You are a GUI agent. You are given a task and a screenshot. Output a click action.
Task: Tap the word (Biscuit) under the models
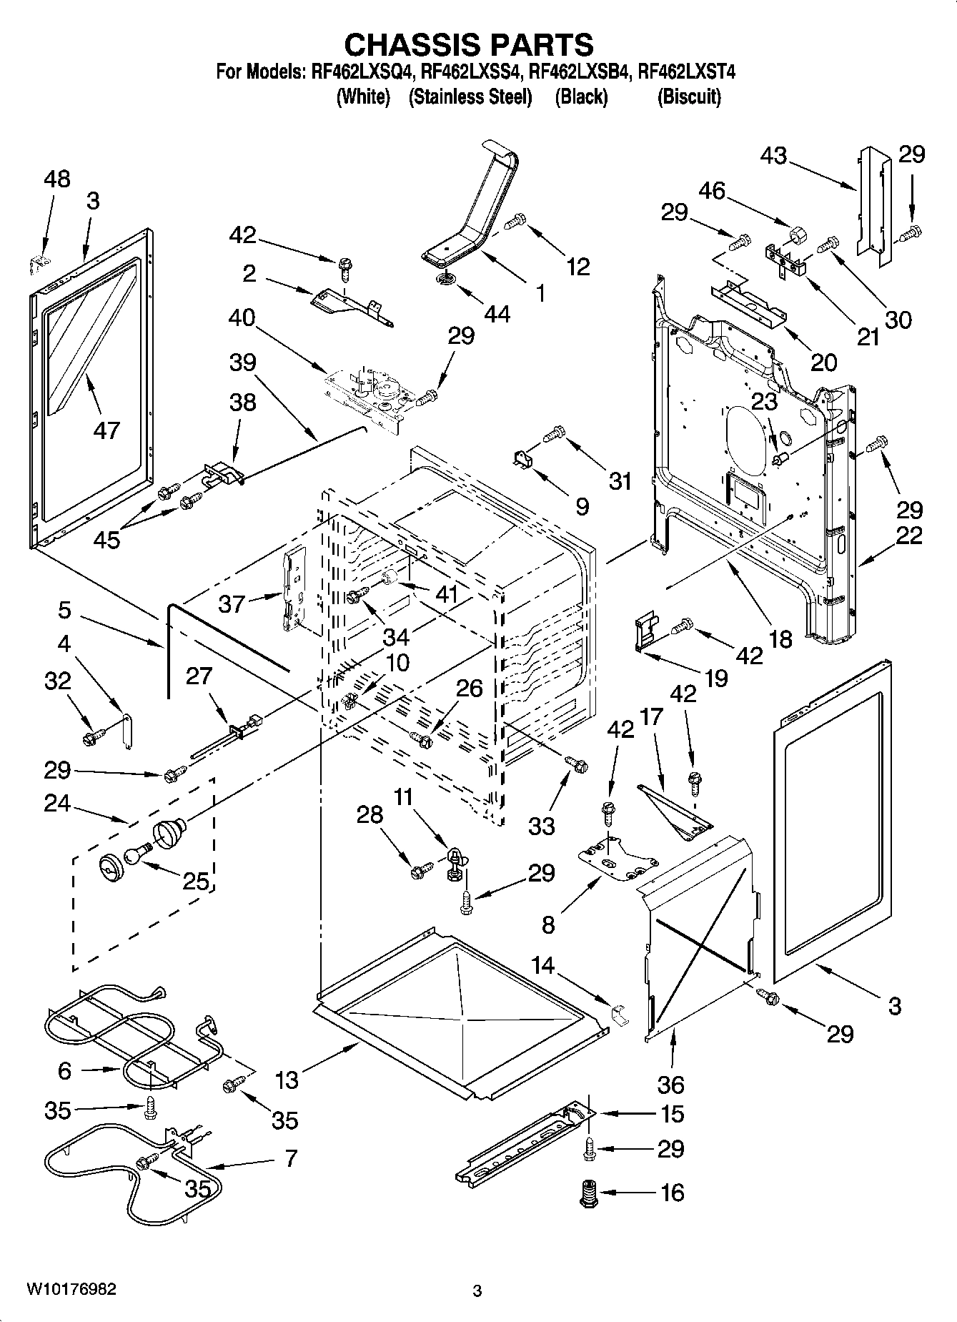tap(688, 97)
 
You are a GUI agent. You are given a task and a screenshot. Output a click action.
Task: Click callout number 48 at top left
tap(56, 179)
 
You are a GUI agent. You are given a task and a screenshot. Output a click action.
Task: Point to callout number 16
tap(673, 1192)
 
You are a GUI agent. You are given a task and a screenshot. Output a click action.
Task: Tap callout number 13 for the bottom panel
tap(287, 1080)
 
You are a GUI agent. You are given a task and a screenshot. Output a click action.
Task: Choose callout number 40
tap(242, 317)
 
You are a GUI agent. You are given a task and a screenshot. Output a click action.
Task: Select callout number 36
tap(670, 1085)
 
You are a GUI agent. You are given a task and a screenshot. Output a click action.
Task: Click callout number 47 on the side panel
tap(106, 430)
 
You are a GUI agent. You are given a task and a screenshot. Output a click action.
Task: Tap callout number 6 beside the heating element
tap(65, 1070)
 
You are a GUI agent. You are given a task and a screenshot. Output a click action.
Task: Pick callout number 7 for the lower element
tap(291, 1158)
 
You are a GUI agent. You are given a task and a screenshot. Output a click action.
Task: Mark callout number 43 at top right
tap(773, 155)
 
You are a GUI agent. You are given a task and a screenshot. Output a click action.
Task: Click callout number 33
tap(541, 826)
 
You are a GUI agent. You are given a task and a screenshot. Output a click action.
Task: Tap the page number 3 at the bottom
tap(477, 1291)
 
